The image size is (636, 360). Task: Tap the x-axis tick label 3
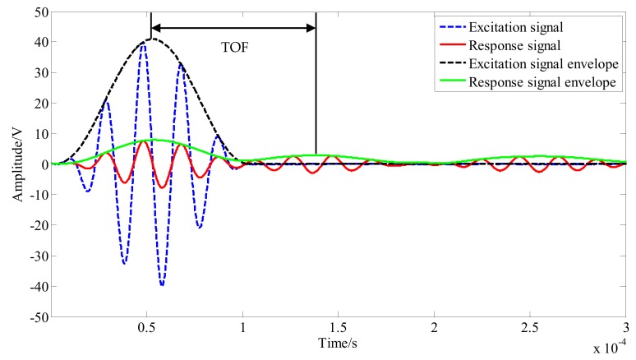(x=625, y=327)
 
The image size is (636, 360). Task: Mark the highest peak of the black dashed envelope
(x=151, y=39)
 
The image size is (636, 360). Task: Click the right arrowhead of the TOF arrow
(x=311, y=28)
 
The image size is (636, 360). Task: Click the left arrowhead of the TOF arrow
(x=156, y=28)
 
